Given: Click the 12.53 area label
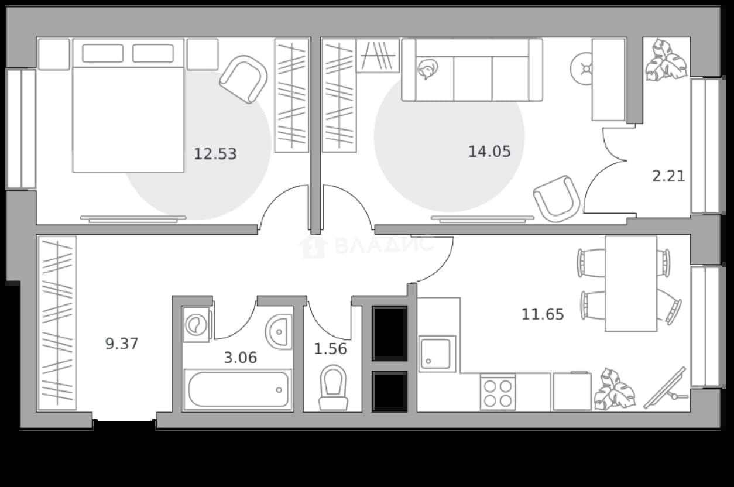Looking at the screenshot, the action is tap(215, 154).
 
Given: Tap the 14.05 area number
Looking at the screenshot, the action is tap(489, 152).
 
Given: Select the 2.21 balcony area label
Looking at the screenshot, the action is tap(668, 176).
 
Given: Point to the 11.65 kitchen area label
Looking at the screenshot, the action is tap(543, 314).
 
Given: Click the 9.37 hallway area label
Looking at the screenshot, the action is tap(122, 344).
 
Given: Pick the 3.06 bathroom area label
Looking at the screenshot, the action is tap(241, 358).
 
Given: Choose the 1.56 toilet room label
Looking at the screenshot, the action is tap(330, 348).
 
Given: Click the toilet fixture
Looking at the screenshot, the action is tap(333, 387).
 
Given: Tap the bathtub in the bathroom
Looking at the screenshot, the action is tap(238, 389).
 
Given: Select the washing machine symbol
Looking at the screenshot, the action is tap(196, 325).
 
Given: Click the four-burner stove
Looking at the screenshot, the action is tap(498, 392).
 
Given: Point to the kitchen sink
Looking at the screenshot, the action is tap(437, 354).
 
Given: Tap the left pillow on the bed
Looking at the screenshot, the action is tap(103, 53).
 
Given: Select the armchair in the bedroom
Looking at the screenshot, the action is tap(244, 79).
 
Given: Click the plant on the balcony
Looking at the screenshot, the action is tap(667, 60).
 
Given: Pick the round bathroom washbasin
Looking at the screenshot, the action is tap(279, 332).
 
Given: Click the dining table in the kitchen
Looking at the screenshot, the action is tap(631, 284).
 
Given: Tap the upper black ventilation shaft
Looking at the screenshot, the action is tap(390, 333).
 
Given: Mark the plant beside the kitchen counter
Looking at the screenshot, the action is tap(615, 389).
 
